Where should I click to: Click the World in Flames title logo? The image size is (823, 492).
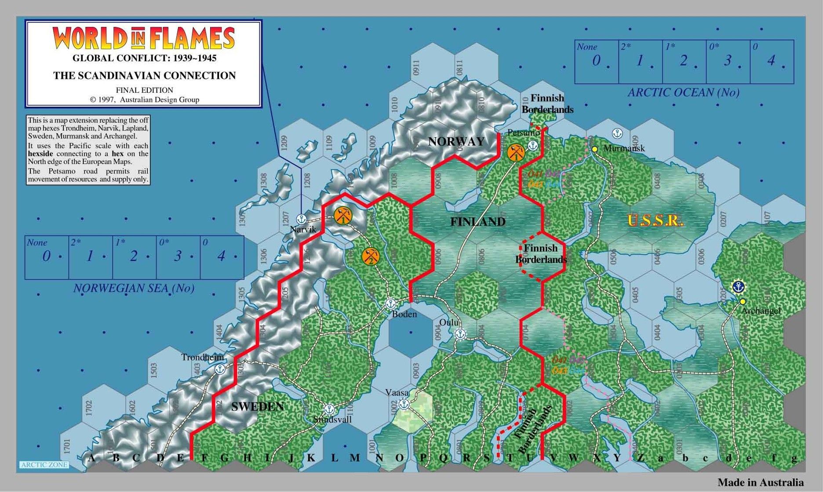(144, 38)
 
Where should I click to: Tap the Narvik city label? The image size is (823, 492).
(303, 229)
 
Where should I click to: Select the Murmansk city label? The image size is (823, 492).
(624, 148)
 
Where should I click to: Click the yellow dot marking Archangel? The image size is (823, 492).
(743, 301)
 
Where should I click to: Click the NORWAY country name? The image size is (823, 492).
(456, 141)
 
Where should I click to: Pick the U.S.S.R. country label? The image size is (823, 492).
(655, 221)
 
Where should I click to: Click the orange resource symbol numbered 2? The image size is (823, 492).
(370, 257)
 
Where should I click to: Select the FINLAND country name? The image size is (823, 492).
(477, 222)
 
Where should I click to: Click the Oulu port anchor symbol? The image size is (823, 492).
(460, 334)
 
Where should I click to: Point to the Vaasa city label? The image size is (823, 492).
(397, 392)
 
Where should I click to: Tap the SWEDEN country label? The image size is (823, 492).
(257, 407)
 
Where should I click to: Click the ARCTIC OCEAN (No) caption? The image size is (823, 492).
(683, 93)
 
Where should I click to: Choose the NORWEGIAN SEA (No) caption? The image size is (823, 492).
(134, 288)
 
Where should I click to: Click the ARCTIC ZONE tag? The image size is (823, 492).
(44, 465)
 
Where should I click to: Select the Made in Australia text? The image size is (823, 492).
(761, 482)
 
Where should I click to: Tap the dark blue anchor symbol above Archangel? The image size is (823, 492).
(739, 287)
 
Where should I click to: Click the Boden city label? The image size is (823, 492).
(404, 315)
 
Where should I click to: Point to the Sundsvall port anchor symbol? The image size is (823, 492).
(328, 409)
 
